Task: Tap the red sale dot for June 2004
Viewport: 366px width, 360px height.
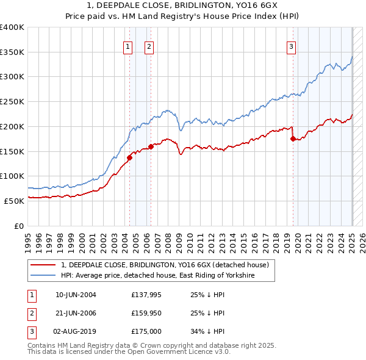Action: point(129,157)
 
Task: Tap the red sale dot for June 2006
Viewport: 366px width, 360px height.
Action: point(151,146)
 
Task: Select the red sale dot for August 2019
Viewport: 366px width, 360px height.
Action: point(293,139)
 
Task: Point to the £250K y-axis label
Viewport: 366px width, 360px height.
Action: point(12,101)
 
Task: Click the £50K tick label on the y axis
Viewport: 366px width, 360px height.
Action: point(15,201)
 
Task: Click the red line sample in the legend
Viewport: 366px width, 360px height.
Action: point(43,265)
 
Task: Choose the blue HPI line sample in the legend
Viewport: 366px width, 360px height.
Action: point(43,276)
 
